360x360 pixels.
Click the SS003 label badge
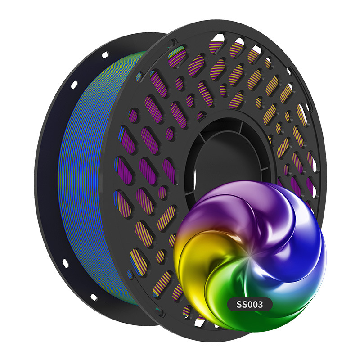point(250,305)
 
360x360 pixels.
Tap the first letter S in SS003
point(239,305)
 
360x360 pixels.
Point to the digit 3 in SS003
point(260,305)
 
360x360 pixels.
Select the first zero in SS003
point(250,305)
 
